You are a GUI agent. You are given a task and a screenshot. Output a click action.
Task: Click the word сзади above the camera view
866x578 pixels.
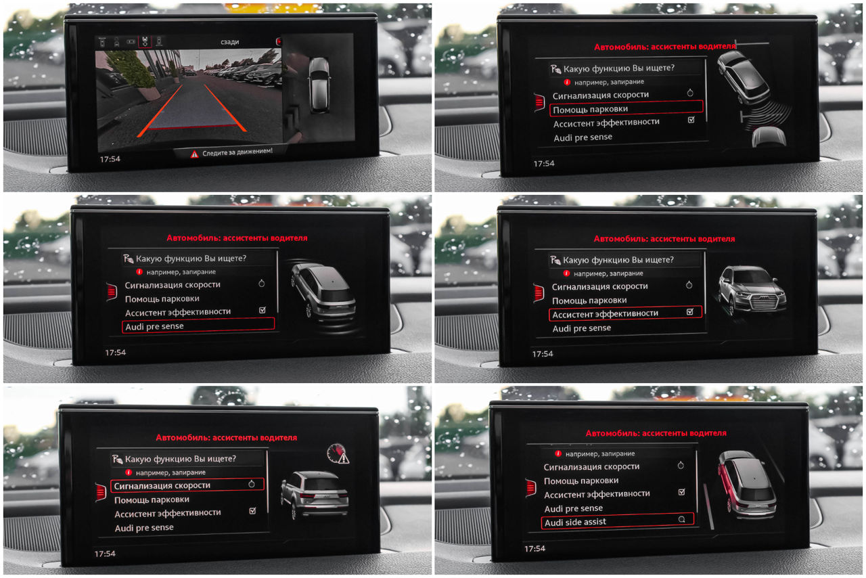coord(229,42)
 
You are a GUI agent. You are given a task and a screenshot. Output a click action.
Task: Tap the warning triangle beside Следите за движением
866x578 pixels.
coord(194,154)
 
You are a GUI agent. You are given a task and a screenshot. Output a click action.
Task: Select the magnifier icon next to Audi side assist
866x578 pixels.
coord(681,519)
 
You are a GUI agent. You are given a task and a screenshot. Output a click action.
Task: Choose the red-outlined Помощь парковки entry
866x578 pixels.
coord(626,109)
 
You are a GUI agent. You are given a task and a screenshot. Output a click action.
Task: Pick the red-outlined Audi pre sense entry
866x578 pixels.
coord(198,326)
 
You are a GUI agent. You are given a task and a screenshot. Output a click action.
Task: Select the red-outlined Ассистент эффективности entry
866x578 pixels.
coord(625,313)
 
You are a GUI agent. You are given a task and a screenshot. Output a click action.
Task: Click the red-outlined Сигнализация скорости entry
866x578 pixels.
coord(187,485)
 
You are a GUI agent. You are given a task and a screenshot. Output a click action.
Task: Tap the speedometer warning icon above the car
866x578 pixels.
coord(338,454)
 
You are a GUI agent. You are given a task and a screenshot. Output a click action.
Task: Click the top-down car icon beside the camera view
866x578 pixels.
coord(320,85)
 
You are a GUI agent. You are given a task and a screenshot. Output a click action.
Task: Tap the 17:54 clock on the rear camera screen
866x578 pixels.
coord(110,159)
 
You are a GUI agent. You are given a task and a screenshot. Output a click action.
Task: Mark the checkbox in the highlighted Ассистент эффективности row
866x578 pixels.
coord(690,312)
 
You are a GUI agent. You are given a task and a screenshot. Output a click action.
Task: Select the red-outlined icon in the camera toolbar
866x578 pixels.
coord(145,41)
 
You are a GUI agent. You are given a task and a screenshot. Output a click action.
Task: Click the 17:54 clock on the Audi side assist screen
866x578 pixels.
coord(534,549)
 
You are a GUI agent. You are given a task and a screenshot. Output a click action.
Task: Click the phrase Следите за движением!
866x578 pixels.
coord(237,152)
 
